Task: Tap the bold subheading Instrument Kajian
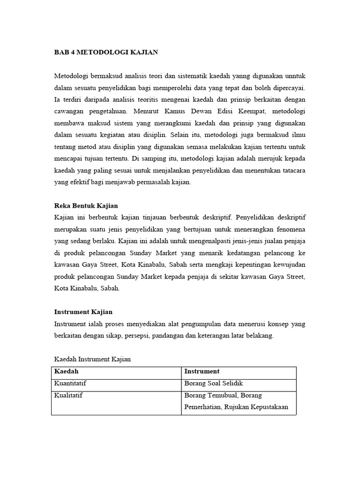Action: (x=83, y=312)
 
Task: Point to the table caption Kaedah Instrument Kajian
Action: (x=92, y=359)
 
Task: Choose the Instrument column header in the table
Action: (x=202, y=371)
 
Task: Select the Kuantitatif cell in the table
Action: (x=71, y=383)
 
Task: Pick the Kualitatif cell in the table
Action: (x=69, y=396)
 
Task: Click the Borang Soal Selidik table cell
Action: (x=214, y=383)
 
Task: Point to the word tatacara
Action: (x=292, y=171)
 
